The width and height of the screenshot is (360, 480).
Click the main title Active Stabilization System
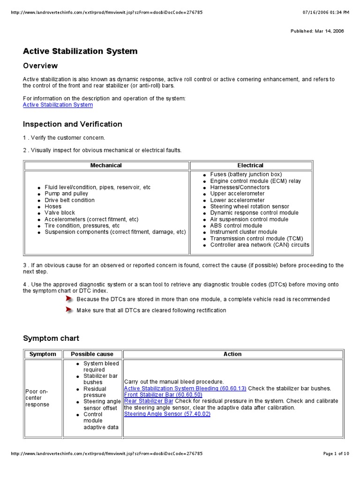tap(80, 51)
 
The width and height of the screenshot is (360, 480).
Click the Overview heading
tap(40, 66)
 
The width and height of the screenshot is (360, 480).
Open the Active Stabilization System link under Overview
tap(58, 105)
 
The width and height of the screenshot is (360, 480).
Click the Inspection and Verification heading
tap(72, 124)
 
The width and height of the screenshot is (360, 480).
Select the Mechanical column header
tap(106, 165)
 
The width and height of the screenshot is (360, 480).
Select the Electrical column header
tap(250, 165)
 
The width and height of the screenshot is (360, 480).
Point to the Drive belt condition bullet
tap(69, 200)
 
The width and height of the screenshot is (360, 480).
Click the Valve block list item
tap(60, 213)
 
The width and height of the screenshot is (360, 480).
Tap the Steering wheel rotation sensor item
tap(249, 206)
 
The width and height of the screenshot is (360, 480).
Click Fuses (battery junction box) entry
tap(246, 174)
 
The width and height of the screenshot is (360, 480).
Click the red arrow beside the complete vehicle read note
tap(69, 299)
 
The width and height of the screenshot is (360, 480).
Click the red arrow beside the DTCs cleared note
tap(69, 310)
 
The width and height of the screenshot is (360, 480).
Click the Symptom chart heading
tap(51, 338)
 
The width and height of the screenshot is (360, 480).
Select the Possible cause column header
tap(92, 354)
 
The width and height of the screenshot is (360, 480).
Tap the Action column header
tap(232, 354)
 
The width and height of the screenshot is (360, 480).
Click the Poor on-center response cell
tap(37, 398)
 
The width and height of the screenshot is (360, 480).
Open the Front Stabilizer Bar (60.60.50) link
tap(163, 395)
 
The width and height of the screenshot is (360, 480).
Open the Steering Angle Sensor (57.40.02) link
tap(167, 414)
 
